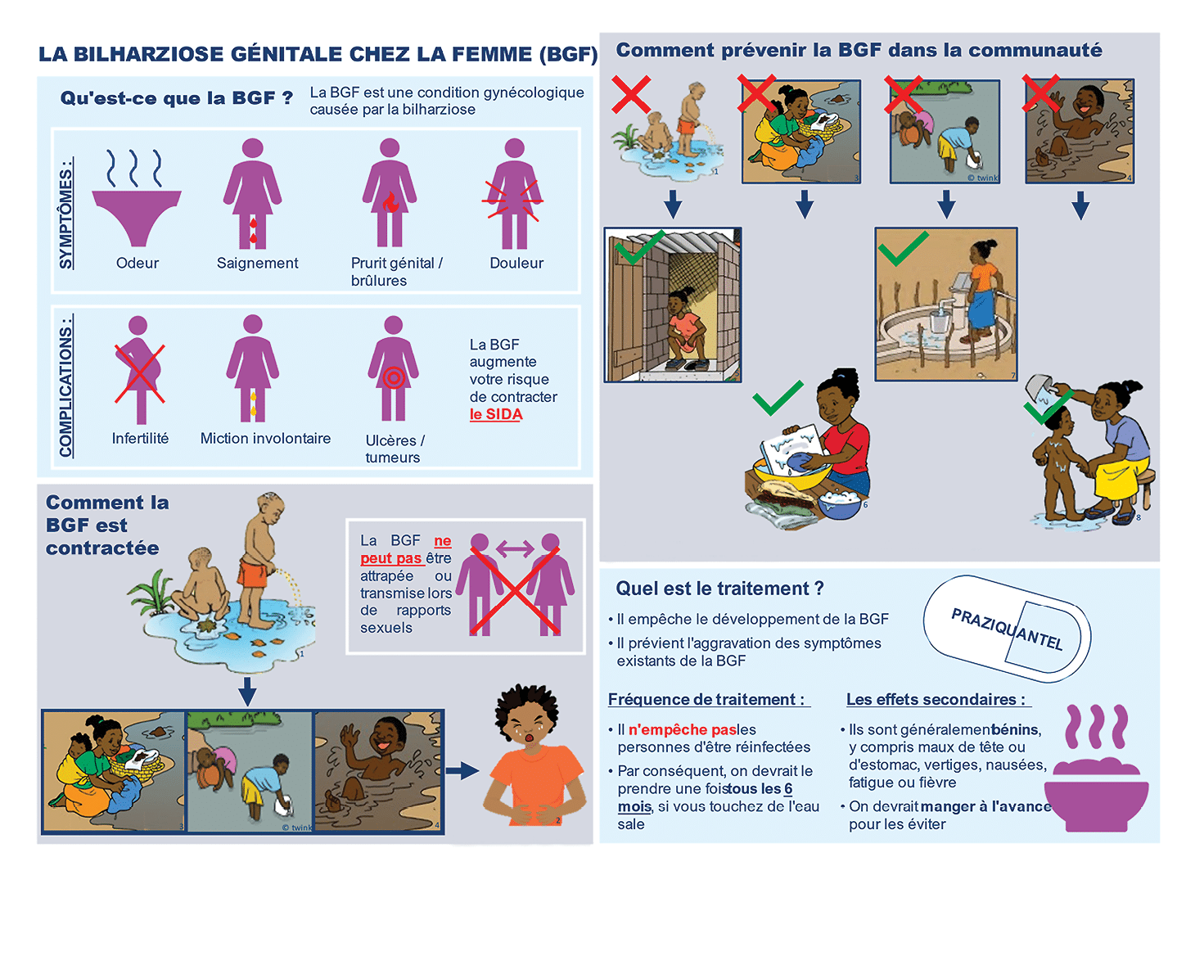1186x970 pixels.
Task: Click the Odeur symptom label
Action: click(138, 263)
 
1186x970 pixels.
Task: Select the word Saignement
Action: click(258, 263)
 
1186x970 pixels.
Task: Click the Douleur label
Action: click(516, 263)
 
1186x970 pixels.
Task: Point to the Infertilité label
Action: click(140, 438)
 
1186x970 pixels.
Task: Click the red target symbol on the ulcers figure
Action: click(394, 377)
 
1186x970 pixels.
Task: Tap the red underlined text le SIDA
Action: click(496, 414)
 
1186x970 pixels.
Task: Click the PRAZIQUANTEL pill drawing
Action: click(1007, 628)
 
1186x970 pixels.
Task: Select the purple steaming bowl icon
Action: click(1096, 768)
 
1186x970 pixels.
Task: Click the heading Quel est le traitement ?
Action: click(719, 589)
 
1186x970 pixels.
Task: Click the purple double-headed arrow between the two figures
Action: click(515, 548)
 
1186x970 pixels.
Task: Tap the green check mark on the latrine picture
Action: click(639, 247)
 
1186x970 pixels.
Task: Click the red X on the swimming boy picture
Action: click(1040, 92)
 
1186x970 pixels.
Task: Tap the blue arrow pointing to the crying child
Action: click(462, 770)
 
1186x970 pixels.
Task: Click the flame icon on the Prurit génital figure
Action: click(390, 202)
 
